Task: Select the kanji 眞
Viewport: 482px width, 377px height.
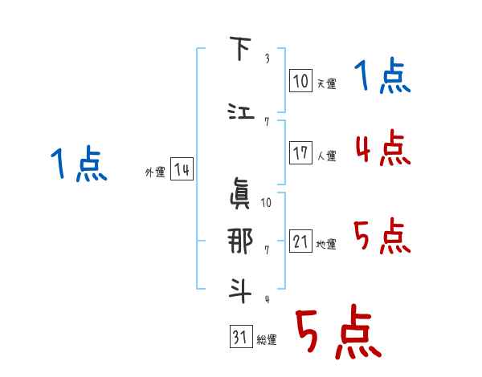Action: click(239, 191)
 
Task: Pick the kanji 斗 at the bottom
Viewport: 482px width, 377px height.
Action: click(239, 288)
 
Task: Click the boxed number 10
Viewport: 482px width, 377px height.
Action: click(301, 81)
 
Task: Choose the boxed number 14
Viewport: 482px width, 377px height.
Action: click(182, 170)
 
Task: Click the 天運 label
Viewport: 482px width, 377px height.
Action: click(326, 83)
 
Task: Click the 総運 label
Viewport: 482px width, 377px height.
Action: click(267, 340)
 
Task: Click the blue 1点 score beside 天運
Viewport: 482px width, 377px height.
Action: click(382, 78)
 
